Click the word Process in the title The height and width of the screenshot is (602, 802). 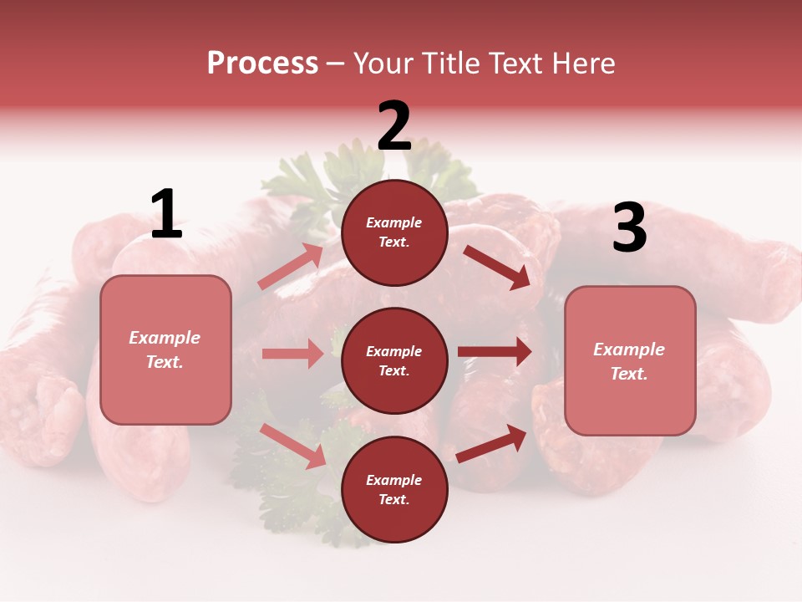pos(262,64)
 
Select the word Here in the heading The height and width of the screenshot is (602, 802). pos(582,64)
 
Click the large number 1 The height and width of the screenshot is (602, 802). pos(166,215)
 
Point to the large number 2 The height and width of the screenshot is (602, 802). pos(394,126)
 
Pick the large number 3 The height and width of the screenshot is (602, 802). pos(629,228)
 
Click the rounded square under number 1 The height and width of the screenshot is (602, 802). pos(165,349)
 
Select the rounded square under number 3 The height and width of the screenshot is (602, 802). pos(630,361)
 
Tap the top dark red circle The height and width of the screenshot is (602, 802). pos(394,232)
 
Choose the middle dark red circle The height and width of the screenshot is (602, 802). pos(394,361)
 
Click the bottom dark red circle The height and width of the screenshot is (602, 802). pos(394,490)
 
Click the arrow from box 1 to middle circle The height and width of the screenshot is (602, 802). pos(292,354)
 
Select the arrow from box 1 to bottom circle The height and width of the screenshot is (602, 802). pos(292,446)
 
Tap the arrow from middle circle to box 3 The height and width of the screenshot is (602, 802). pos(495,352)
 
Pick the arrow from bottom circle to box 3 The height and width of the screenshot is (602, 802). pos(491,443)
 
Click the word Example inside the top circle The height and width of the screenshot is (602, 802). pos(394,223)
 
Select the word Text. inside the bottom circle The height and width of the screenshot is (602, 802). pos(394,500)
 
